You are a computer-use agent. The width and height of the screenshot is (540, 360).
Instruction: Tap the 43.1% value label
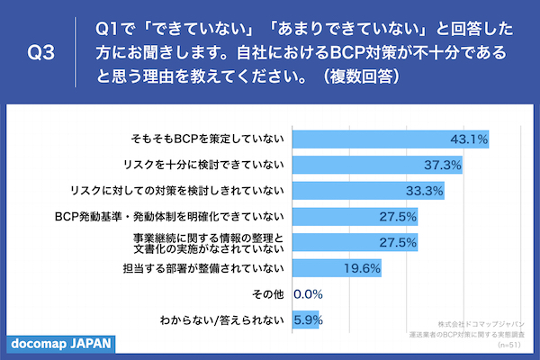[x=469, y=139]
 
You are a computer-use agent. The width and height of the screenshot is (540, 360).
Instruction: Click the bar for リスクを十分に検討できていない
[x=369, y=166]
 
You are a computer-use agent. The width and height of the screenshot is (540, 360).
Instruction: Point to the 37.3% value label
[x=443, y=166]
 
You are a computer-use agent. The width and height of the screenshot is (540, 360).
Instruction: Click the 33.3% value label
[x=425, y=191]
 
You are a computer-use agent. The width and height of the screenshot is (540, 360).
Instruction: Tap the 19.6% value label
[x=363, y=268]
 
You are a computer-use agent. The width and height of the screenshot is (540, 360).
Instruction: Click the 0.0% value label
[x=308, y=294]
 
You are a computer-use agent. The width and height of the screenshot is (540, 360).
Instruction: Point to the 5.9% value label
[x=308, y=319]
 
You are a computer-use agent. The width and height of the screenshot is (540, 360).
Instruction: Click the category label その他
[x=271, y=294]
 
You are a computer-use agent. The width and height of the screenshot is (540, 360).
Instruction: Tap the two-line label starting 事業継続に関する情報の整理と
[x=203, y=242]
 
